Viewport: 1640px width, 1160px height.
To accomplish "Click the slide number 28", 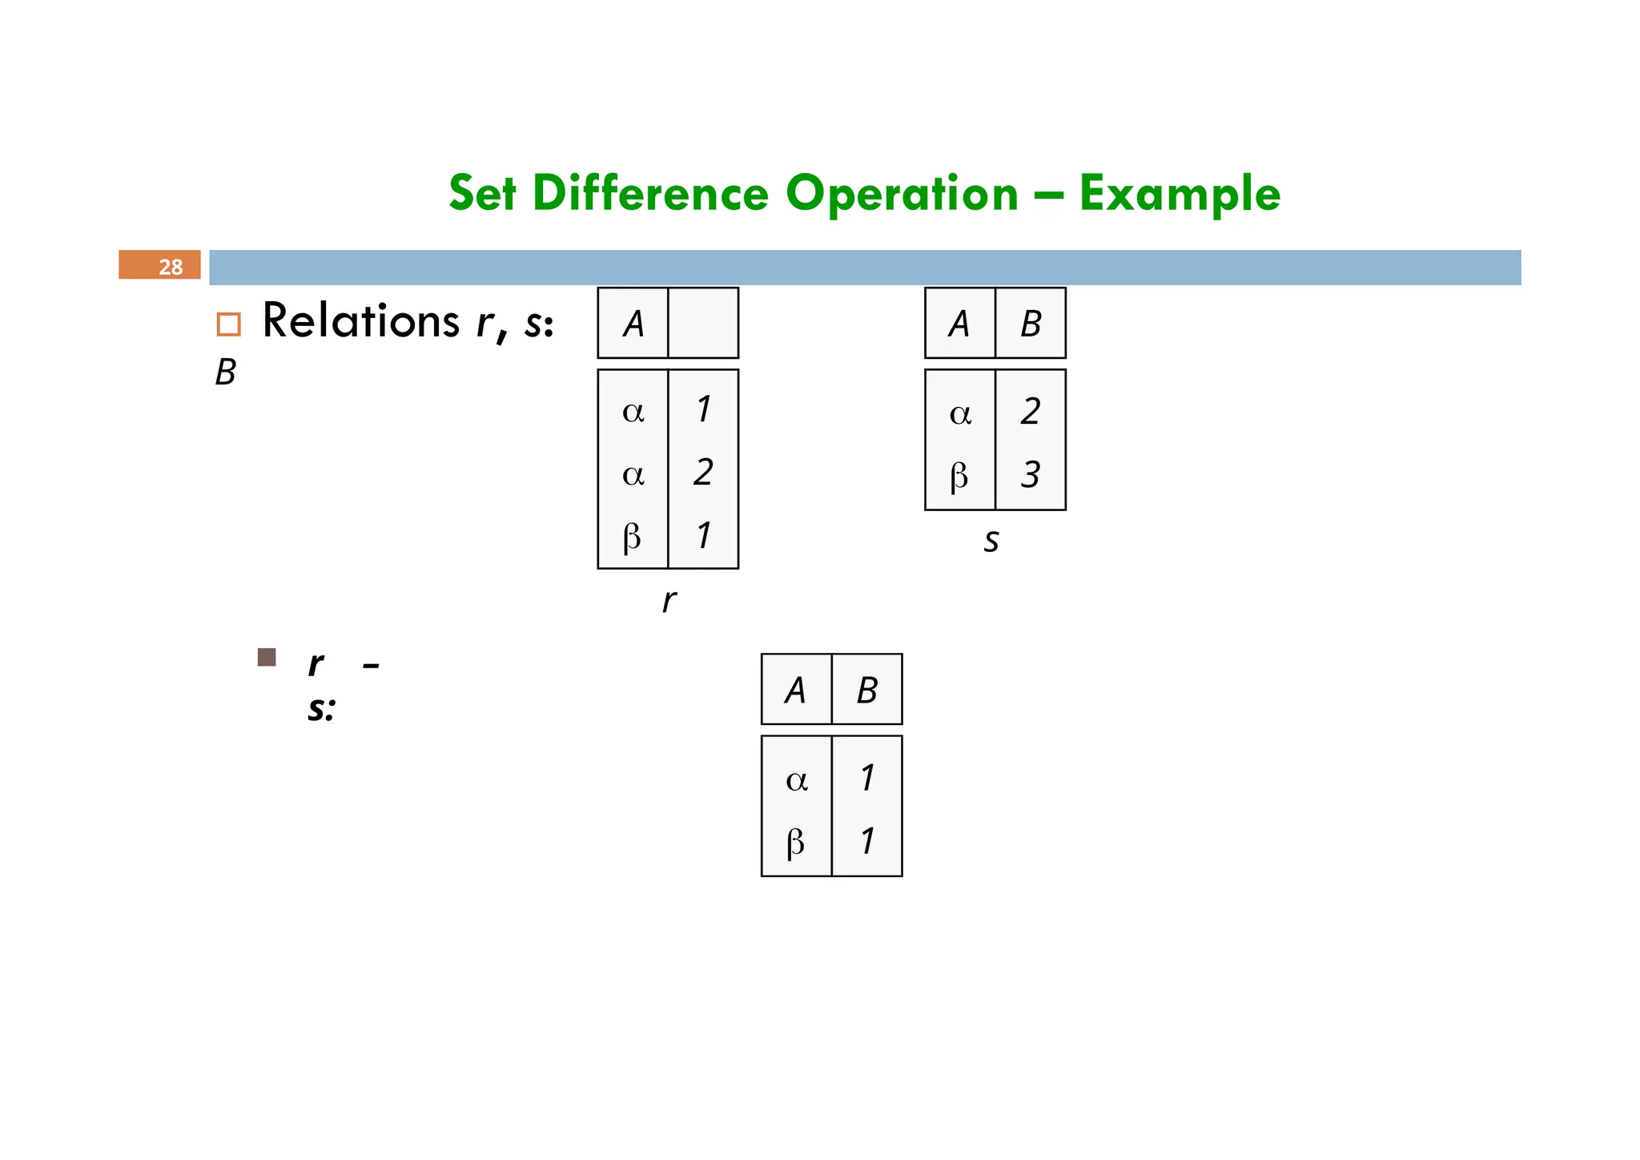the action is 170,266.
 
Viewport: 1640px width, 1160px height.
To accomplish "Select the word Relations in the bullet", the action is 360,320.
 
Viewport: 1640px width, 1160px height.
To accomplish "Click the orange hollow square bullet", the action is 228,324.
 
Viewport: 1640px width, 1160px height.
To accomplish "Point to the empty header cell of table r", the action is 703,323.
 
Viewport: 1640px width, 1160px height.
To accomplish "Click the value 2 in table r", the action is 703,473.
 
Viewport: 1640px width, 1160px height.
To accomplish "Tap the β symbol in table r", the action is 632,537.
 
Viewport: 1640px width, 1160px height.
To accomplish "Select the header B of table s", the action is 1031,324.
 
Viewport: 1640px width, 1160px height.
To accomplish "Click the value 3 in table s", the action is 1031,475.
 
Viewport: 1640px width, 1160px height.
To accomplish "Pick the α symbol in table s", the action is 960,413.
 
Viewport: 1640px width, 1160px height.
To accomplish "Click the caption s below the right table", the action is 991,541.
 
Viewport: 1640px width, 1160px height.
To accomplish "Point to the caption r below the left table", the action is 669,600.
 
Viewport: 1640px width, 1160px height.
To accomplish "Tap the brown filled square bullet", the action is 267,658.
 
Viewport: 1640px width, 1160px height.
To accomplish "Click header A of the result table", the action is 795,690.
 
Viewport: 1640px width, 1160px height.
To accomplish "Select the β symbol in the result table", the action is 795,842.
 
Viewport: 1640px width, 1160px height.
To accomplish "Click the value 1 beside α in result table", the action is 867,778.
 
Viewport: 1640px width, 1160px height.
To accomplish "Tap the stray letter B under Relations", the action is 226,373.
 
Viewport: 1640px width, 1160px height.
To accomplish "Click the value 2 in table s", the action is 1031,412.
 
